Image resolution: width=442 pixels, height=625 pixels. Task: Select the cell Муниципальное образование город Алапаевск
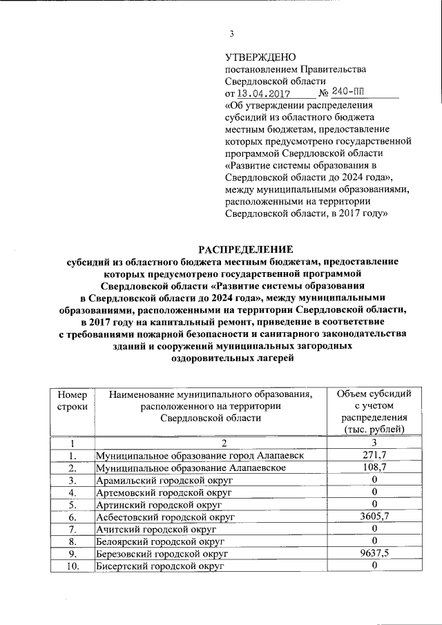(199, 456)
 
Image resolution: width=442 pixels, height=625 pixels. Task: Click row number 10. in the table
(71, 566)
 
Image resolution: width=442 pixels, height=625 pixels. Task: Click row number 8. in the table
(71, 541)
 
